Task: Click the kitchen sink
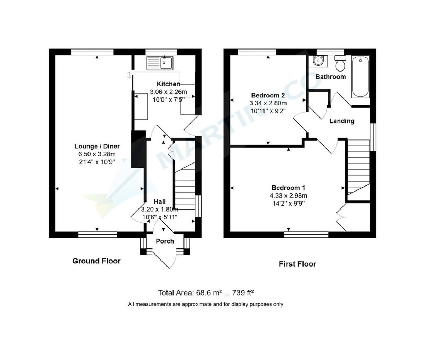coord(160,63)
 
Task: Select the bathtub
coord(360,76)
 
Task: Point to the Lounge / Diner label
coord(97,146)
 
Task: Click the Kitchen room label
coord(168,84)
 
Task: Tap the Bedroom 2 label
coord(268,95)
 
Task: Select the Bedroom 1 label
coord(288,188)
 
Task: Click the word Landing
coord(342,121)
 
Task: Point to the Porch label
coord(165,241)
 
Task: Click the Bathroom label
coord(330,76)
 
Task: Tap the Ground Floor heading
coord(96,261)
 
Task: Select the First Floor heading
coord(297,264)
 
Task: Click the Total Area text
coord(206,293)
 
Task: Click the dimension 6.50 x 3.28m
coord(97,154)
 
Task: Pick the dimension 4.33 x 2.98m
coord(288,195)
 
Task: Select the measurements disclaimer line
coord(205,304)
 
